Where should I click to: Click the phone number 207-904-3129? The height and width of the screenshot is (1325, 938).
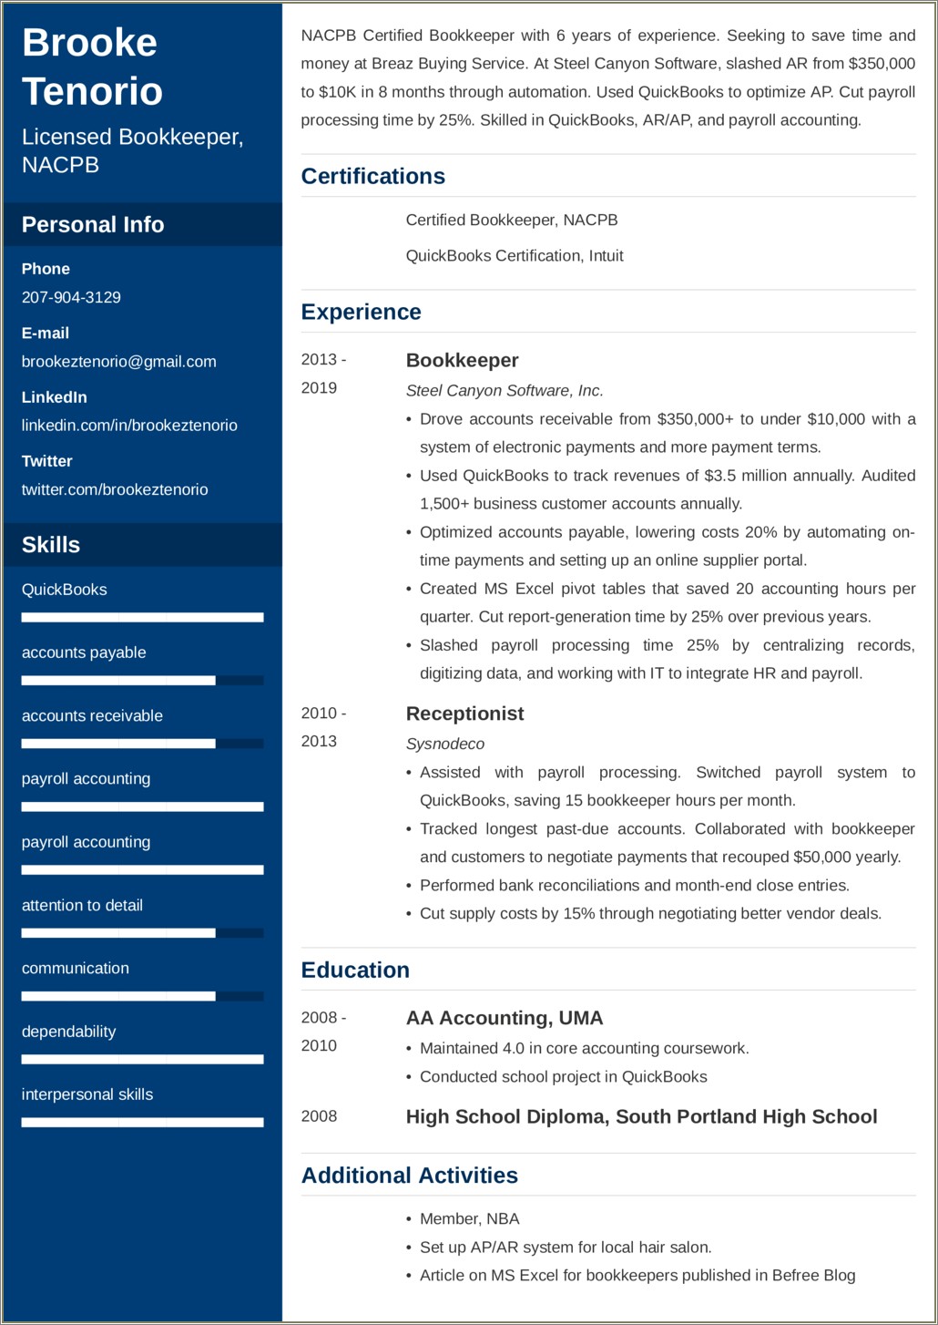(71, 297)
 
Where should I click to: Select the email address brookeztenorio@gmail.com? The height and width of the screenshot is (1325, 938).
(118, 361)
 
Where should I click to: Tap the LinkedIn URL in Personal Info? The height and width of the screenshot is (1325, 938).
(129, 425)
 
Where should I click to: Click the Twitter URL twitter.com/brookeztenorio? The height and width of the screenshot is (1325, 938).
(115, 489)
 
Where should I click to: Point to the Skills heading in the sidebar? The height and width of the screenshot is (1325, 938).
(51, 545)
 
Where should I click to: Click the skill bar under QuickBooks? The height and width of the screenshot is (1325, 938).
(142, 618)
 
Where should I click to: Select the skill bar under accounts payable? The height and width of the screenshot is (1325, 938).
(142, 681)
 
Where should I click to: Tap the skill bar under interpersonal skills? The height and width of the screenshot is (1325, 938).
(142, 1123)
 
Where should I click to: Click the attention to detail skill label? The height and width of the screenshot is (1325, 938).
(82, 905)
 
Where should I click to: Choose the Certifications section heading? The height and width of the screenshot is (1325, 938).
(373, 176)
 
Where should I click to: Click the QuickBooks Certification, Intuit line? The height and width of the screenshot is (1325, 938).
(515, 256)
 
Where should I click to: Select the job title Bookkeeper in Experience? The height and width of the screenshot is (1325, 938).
(462, 361)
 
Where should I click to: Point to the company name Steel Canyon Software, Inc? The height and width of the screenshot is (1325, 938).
(505, 390)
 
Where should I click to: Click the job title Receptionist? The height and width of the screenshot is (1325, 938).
(464, 714)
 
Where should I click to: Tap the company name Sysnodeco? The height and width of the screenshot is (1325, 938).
(444, 744)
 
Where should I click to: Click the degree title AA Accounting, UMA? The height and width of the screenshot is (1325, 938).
(505, 1018)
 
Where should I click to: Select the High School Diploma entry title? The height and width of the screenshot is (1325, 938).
(641, 1116)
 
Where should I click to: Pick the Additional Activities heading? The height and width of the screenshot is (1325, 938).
(410, 1176)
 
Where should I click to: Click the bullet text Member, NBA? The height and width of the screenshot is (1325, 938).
(469, 1218)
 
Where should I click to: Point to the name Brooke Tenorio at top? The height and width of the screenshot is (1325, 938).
(92, 67)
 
